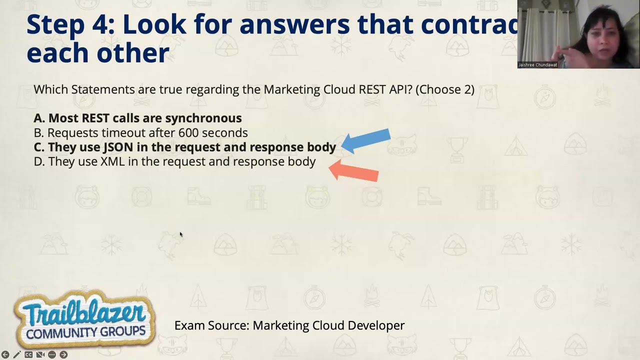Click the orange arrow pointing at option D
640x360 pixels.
pos(353,171)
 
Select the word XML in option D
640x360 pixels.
pos(112,161)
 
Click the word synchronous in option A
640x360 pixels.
pos(203,118)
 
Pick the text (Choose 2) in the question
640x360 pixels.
pos(445,89)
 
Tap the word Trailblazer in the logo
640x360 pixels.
pos(82,312)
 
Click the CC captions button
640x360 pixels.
pos(28,354)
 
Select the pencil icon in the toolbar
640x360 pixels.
pos(17,354)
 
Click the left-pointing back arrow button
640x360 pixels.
pos(5,354)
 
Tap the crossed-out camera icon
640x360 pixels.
pos(40,354)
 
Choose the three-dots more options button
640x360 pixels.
pos(52,354)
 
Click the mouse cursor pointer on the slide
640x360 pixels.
pos(180,234)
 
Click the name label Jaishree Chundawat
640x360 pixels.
pos(537,65)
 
